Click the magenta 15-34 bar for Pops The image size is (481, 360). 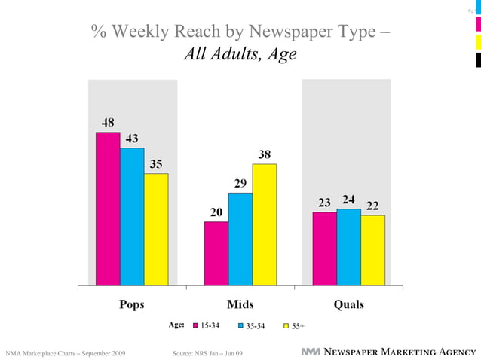[108, 209]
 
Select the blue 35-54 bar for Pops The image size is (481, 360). [132, 217]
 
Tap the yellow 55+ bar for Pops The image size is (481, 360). [156, 230]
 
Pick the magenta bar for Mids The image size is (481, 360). [216, 254]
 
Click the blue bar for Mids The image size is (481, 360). [240, 239]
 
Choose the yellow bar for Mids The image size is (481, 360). [265, 225]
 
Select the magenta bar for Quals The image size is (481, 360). [325, 249]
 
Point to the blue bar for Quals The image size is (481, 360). [349, 248]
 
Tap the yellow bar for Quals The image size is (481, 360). [373, 251]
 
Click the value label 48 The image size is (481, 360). [109, 123]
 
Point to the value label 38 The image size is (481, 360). [265, 154]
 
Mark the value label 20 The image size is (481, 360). [216, 212]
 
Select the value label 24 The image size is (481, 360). [348, 200]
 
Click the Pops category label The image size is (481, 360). [132, 304]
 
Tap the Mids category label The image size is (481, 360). [240, 304]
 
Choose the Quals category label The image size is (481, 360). [349, 304]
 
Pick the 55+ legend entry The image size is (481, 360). [294, 327]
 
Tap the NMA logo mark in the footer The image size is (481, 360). [311, 352]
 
